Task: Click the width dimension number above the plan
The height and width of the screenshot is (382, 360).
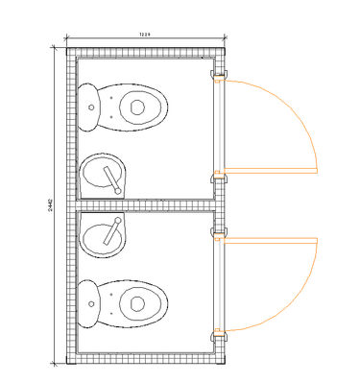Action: (145, 35)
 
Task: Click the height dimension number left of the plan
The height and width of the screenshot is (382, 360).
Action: (50, 205)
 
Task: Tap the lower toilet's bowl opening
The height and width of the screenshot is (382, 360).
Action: (137, 303)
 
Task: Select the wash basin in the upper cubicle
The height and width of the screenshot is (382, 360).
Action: (104, 176)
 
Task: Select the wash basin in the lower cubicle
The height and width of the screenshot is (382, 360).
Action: (104, 234)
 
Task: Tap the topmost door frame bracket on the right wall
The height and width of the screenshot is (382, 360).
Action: (219, 74)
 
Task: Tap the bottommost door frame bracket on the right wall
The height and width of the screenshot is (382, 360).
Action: (219, 335)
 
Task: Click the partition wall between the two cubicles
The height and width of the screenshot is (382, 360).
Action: (144, 205)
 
